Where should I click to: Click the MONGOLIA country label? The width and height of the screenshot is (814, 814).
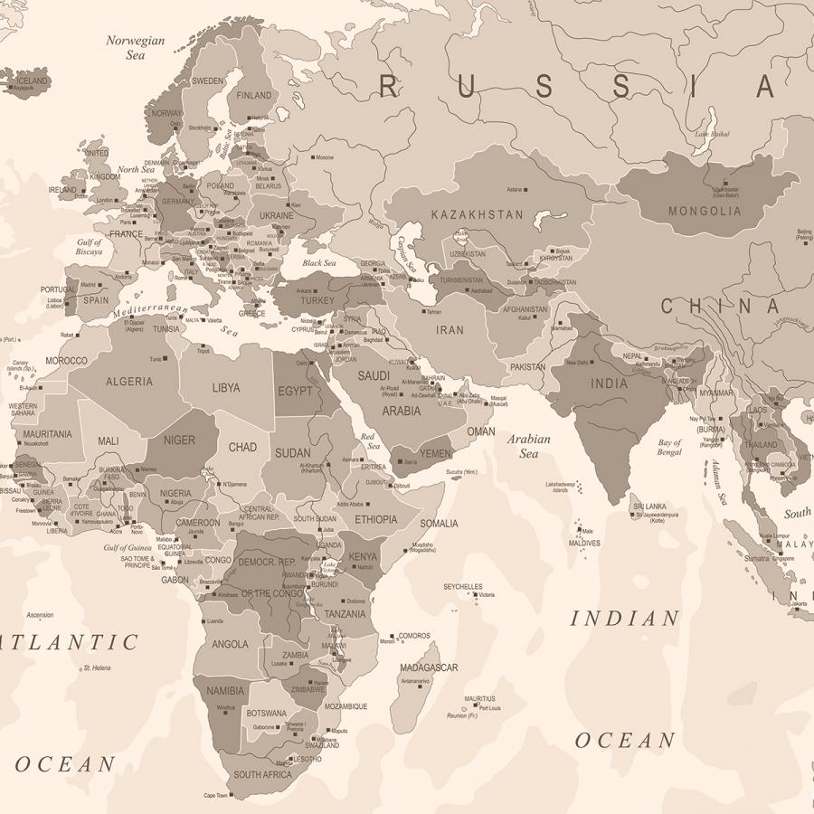pos(705,212)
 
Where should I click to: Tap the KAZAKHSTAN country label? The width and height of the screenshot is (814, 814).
pos(477,215)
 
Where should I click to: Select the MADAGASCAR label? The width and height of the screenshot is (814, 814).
pos(429,667)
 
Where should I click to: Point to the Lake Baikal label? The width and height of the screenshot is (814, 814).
pos(712,135)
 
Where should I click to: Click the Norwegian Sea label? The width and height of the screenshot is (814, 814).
pos(136,47)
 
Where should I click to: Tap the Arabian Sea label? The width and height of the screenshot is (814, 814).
pos(529,446)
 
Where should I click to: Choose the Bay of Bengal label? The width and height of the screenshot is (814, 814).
pos(669,447)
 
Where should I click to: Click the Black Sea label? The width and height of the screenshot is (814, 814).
pos(318,263)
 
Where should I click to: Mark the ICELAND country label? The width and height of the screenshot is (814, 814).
pos(33,80)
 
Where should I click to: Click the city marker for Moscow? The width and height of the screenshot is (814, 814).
pos(313,157)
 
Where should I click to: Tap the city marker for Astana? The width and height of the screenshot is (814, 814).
pos(525,189)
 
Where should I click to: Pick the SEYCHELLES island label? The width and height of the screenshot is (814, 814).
pos(462,586)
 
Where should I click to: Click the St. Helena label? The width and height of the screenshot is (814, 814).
pos(97,667)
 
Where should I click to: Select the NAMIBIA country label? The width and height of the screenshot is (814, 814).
pos(225,691)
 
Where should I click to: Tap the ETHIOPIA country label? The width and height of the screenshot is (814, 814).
pos(375,519)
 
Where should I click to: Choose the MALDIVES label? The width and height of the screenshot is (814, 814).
pos(584,544)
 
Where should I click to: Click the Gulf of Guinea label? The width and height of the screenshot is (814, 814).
pos(128,548)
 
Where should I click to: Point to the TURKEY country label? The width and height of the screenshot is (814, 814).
pos(317,300)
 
